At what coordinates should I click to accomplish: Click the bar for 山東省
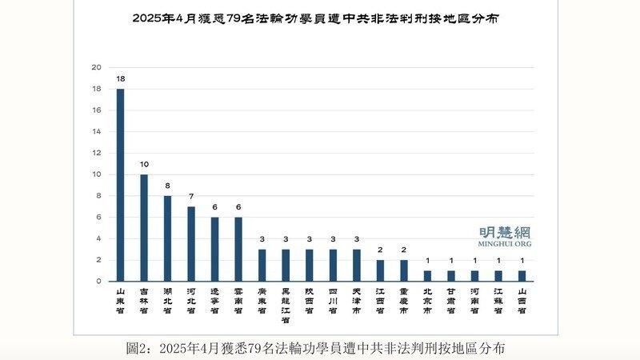tap(121, 185)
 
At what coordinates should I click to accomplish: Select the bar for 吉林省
tap(144, 228)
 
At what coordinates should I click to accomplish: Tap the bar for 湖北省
tap(167, 238)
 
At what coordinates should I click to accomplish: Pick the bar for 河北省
tap(191, 244)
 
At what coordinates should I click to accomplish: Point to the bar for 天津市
tap(356, 266)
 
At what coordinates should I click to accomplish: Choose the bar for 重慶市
tap(403, 270)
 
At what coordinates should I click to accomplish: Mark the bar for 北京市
tap(427, 276)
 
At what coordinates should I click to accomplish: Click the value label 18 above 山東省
tap(121, 80)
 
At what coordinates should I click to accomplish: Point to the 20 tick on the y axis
tap(97, 67)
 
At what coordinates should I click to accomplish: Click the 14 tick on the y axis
tap(97, 131)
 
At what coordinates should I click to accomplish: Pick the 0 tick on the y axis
tap(98, 282)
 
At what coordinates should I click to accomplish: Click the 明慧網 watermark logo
tap(505, 234)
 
